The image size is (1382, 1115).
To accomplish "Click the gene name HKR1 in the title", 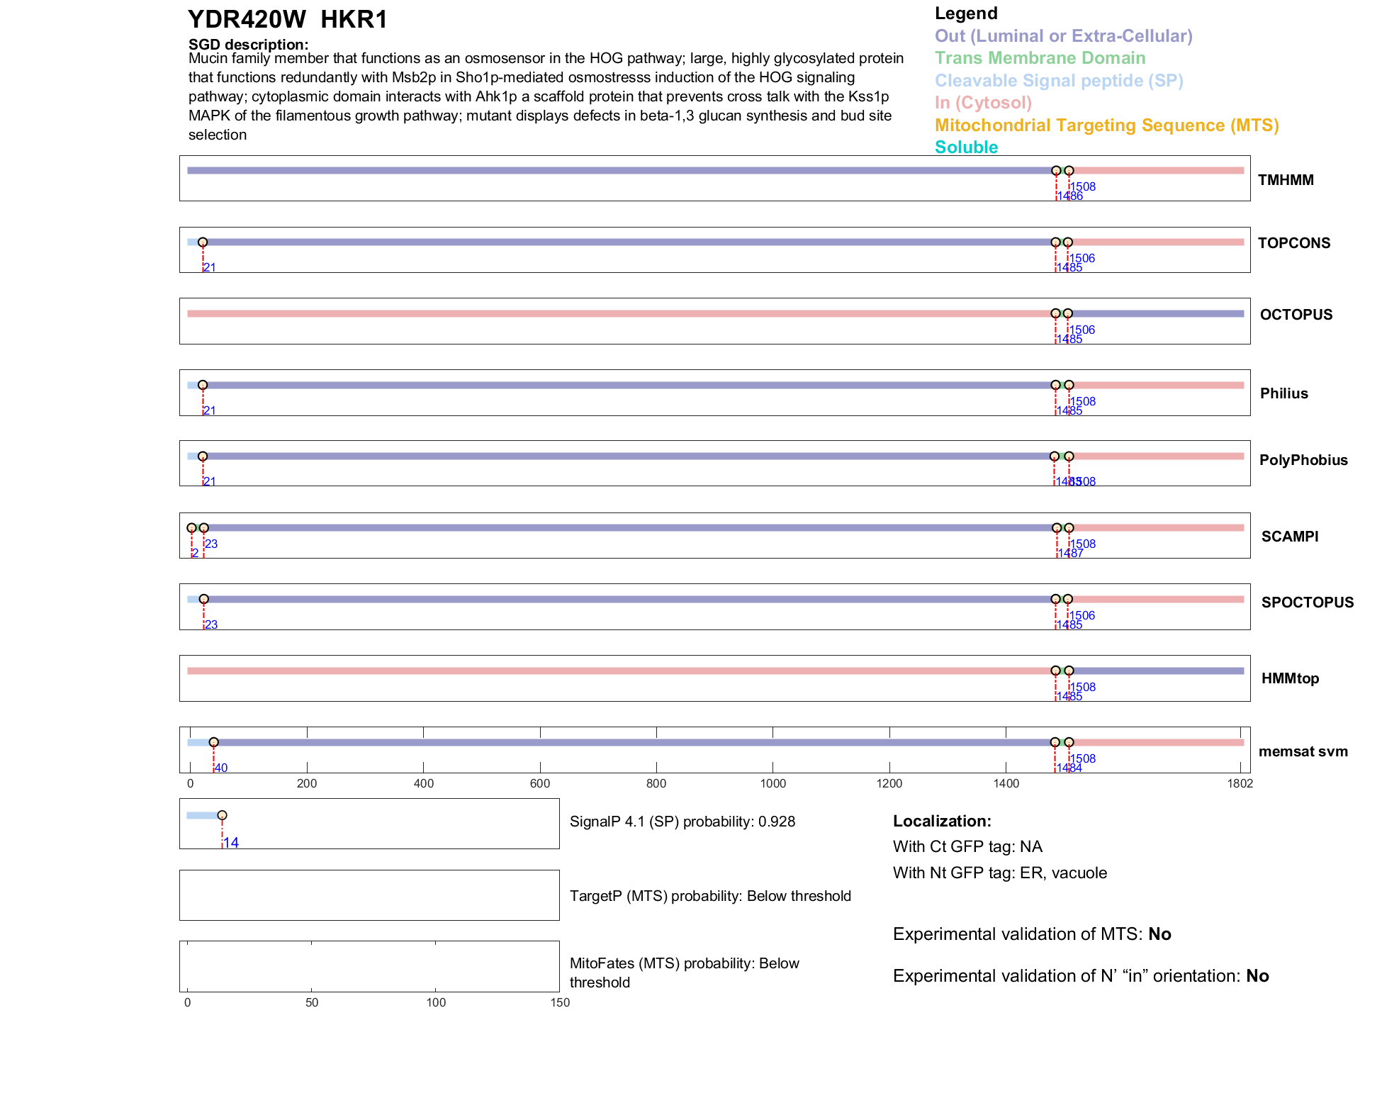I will tap(354, 20).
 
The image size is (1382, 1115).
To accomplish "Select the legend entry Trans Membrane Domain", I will tap(1040, 58).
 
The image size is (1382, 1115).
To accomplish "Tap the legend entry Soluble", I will tap(966, 147).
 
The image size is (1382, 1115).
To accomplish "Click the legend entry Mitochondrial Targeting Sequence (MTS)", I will tap(1106, 125).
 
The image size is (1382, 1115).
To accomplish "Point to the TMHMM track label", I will tap(1286, 180).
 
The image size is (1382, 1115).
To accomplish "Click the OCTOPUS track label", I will tap(1296, 315).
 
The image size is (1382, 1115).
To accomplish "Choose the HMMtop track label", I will tap(1290, 678).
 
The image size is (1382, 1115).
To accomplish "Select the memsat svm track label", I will tap(1303, 751).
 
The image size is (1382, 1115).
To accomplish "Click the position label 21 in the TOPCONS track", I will tap(210, 268).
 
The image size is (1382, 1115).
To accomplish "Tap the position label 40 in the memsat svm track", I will tap(221, 768).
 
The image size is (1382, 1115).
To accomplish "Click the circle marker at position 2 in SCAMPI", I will tap(191, 528).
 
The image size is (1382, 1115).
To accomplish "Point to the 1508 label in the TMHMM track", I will tap(1083, 187).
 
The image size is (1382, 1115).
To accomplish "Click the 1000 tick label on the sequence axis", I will tap(773, 783).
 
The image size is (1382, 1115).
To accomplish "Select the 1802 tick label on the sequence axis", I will tap(1240, 783).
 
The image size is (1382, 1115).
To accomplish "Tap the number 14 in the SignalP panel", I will tap(231, 843).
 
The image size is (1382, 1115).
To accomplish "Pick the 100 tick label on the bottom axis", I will tap(436, 1002).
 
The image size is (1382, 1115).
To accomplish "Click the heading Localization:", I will tap(942, 822).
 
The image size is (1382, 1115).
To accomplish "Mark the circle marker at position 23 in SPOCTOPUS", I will tap(204, 599).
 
